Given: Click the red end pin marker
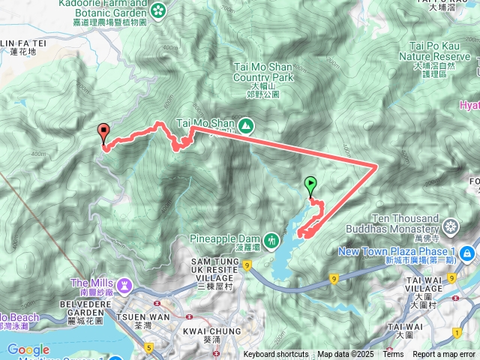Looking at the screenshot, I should [x=103, y=132].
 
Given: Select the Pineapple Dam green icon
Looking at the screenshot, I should [x=271, y=239].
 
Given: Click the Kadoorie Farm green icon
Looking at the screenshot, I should [x=159, y=10].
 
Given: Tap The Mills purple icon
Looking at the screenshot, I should [x=124, y=285].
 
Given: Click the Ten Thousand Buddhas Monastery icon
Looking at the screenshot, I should [x=451, y=226].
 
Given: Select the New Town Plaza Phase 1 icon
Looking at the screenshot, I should [x=467, y=253].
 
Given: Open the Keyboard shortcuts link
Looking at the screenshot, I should [x=275, y=355].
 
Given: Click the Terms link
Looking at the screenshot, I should [x=393, y=355].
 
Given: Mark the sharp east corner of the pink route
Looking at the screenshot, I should [x=376, y=166].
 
